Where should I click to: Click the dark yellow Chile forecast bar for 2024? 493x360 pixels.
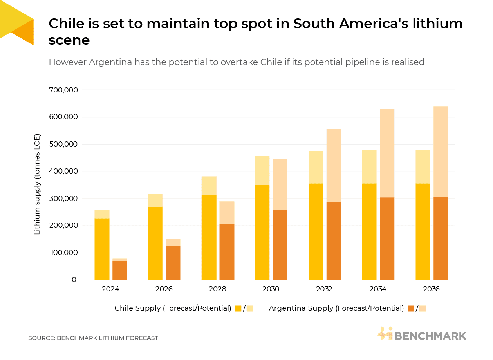point(102,249)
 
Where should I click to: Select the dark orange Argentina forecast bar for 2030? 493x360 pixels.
point(280,244)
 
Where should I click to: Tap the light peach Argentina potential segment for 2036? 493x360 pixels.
point(441,152)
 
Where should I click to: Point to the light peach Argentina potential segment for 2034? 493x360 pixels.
point(387,153)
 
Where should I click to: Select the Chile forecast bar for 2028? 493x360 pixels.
point(209,237)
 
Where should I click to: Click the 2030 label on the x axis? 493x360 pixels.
point(271,289)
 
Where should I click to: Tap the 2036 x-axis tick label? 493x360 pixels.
point(431,289)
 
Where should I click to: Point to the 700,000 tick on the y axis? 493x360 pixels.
point(63,90)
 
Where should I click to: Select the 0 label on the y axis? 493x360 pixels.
point(74,280)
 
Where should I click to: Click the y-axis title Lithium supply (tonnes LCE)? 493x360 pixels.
point(38,185)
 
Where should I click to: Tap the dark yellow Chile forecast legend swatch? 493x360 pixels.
point(238,308)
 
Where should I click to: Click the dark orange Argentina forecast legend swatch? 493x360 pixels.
point(411,308)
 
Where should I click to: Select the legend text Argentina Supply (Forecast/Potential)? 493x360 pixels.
point(336,308)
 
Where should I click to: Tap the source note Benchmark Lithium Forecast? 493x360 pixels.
point(93,338)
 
